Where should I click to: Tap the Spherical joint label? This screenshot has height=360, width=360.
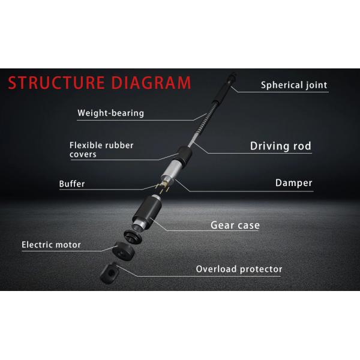pos(293,85)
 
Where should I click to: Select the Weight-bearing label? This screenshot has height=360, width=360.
pos(110,113)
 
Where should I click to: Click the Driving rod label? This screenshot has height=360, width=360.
pos(280,146)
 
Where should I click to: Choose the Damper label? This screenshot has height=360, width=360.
pos(293,183)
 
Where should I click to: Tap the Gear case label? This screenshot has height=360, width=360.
pos(235,226)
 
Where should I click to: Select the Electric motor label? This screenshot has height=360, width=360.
pos(51,245)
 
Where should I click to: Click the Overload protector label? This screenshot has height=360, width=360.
pos(239,269)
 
